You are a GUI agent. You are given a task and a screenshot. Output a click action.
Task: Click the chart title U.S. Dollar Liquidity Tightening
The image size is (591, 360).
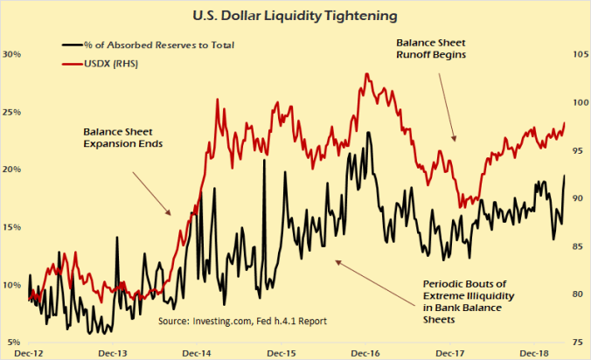click(x=296, y=15)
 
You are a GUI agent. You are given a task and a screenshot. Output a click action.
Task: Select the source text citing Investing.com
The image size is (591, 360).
click(x=242, y=321)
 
